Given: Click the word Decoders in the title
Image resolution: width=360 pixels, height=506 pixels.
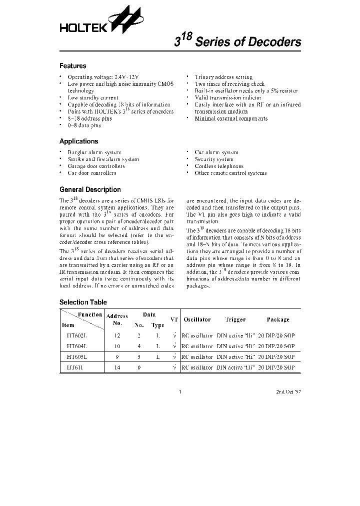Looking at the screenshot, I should [272, 42].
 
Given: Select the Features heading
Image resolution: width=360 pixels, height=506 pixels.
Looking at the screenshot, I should [72, 66].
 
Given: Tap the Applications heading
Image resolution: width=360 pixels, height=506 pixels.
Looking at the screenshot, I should [78, 141].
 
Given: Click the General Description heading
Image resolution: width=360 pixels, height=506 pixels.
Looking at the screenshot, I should [90, 190].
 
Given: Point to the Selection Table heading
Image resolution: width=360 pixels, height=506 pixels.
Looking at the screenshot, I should [83, 302].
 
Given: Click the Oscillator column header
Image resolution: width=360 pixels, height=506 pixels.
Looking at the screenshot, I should [197, 319].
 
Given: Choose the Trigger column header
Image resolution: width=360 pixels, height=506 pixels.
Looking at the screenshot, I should [235, 319].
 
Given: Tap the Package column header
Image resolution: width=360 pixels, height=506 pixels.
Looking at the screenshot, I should [278, 319].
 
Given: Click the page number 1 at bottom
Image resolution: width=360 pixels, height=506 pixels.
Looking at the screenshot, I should [179, 392].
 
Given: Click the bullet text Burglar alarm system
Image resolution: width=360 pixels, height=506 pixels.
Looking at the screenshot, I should [94, 152].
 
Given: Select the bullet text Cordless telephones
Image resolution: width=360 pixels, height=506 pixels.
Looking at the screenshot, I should [219, 166].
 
